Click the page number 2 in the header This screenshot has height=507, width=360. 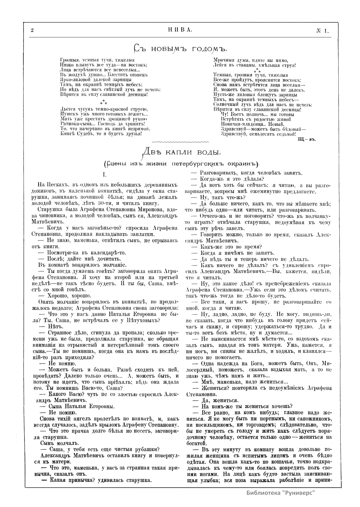pos(32,30)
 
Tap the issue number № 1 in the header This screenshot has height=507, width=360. pos(322,30)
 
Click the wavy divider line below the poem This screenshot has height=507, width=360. pos(181,141)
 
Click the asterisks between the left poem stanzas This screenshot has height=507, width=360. pos(103,103)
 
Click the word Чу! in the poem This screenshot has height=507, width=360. pos(224,114)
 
